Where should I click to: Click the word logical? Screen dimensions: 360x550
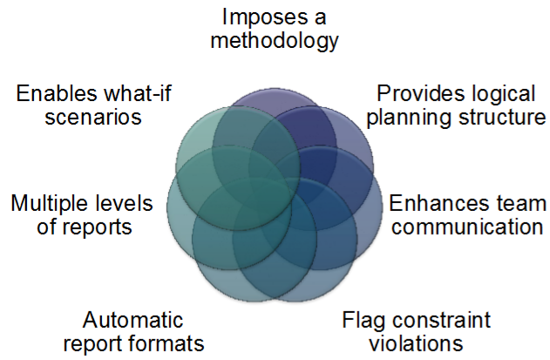coord(492,92)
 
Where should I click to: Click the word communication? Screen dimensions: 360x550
coord(465,228)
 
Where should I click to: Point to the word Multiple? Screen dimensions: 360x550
coord(51,204)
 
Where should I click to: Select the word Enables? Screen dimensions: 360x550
coord(54,92)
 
